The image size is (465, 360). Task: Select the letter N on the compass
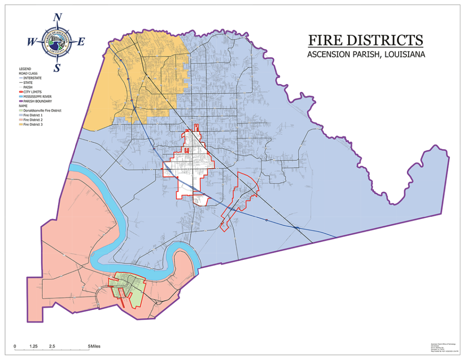[x=58, y=18]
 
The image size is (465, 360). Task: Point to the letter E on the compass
[x=81, y=42]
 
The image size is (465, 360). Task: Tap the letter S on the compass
[x=57, y=68]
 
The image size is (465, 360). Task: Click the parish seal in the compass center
[x=57, y=42]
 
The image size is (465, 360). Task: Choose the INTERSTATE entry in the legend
[x=32, y=78]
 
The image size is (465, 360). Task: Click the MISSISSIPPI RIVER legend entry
[x=36, y=96]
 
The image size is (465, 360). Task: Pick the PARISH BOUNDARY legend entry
[x=35, y=101]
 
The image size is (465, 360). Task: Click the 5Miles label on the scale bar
[x=95, y=346]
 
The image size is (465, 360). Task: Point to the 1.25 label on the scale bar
[x=33, y=346]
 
